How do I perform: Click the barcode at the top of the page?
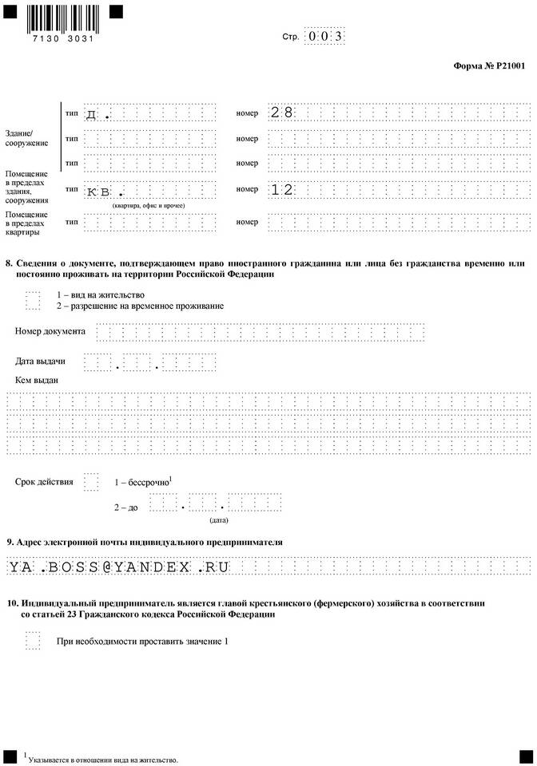tap(61, 18)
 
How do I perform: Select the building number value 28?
tap(282, 113)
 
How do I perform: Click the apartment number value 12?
tap(282, 190)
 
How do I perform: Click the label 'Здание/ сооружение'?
tap(26, 137)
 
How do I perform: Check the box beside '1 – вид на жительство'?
tap(32, 300)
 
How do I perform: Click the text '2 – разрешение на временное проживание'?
tap(140, 306)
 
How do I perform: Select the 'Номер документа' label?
tap(50, 331)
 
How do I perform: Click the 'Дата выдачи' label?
tap(40, 361)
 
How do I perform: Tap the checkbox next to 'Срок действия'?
tap(91, 482)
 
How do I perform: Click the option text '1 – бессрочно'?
tap(143, 483)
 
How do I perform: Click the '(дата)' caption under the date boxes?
tap(218, 519)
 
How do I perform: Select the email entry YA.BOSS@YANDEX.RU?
tap(119, 567)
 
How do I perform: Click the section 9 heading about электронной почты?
tap(144, 543)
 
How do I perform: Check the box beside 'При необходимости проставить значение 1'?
tap(32, 641)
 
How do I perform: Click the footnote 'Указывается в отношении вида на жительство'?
tap(102, 760)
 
